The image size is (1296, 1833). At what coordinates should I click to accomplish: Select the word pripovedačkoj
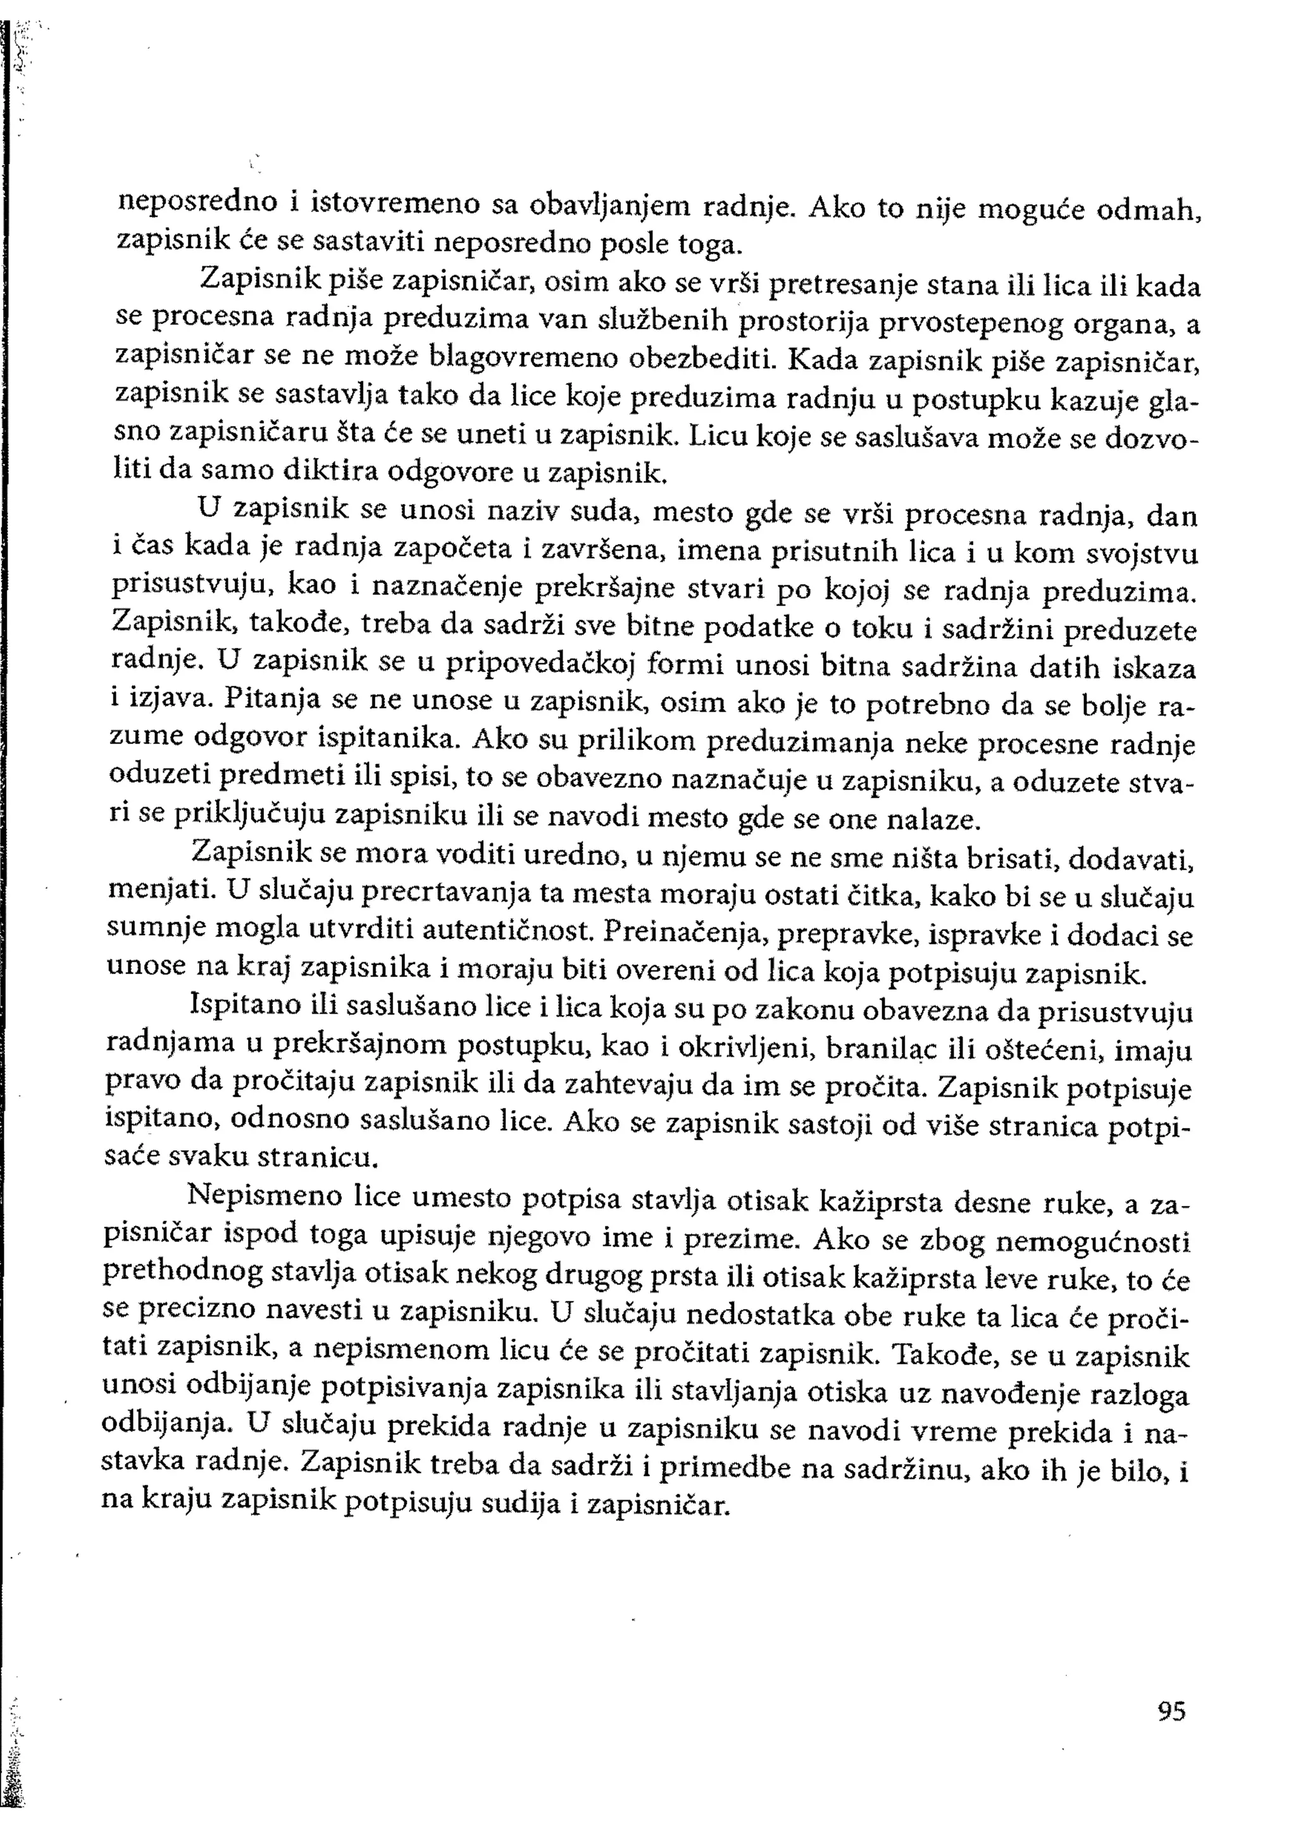[x=539, y=665]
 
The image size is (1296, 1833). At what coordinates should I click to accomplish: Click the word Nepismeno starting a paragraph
[x=255, y=1198]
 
